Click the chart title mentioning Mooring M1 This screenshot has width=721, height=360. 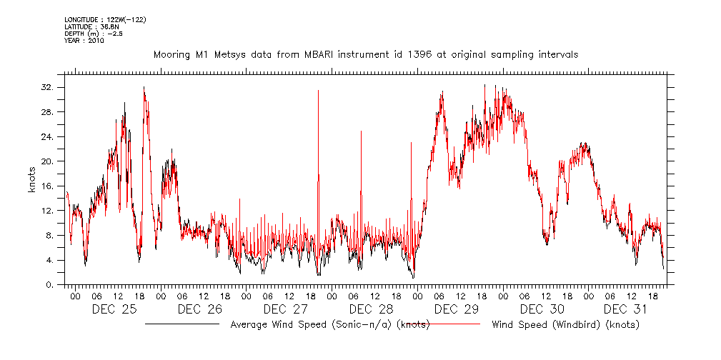tap(365, 54)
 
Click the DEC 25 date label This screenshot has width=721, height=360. tap(115, 309)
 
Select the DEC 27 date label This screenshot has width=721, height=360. tap(285, 309)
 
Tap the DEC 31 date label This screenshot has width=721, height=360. tap(627, 309)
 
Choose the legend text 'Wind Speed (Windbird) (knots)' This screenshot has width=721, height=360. tap(565, 325)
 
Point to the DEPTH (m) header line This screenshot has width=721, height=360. tap(94, 34)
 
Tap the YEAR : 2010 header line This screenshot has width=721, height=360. tap(84, 41)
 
